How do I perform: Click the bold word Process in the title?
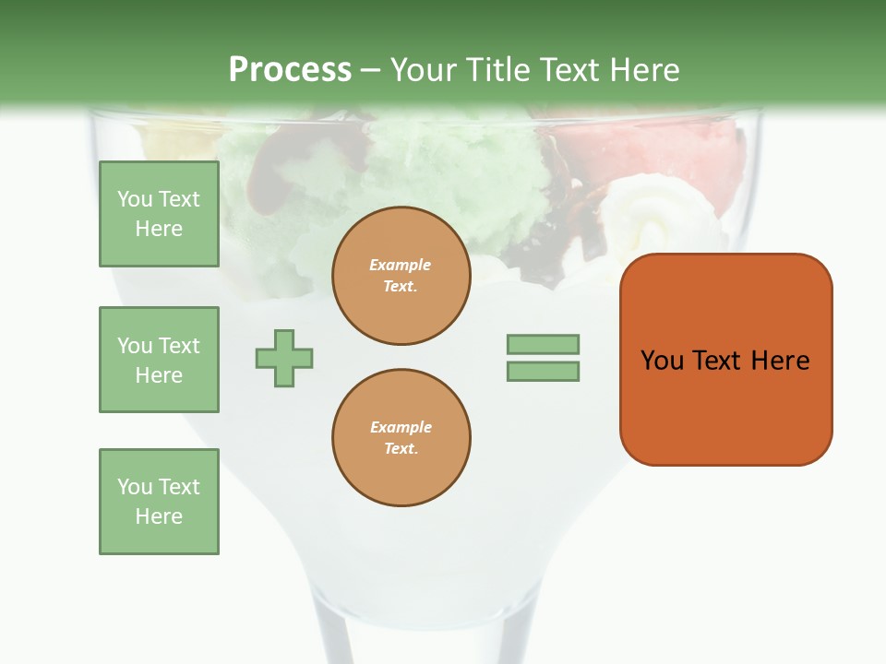tap(290, 70)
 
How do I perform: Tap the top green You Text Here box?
tap(159, 214)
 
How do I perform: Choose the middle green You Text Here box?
tap(159, 360)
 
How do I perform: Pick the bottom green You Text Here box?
tap(159, 502)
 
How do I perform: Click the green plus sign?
tap(284, 358)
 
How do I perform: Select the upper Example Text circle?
tap(401, 276)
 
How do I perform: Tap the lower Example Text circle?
tap(401, 438)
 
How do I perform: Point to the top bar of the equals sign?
tap(543, 344)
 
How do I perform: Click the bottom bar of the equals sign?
tap(543, 372)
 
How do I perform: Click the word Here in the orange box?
tap(780, 361)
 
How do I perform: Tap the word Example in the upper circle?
tap(400, 266)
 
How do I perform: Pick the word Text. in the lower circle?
tap(401, 449)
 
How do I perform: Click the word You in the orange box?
tap(662, 361)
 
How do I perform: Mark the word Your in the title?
tap(425, 70)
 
